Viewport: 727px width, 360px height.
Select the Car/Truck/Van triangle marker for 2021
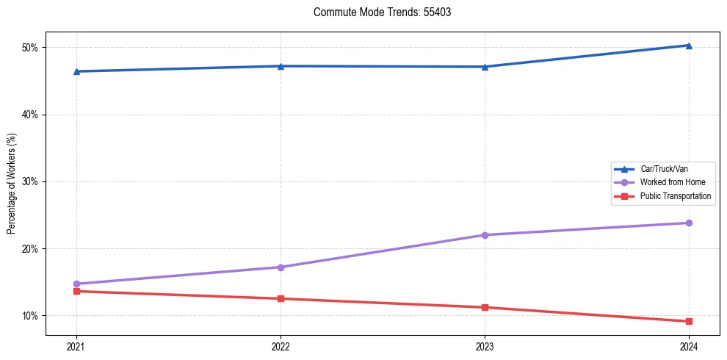tap(76, 71)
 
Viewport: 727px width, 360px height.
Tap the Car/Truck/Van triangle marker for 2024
tap(689, 46)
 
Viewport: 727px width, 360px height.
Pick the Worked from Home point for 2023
tap(485, 235)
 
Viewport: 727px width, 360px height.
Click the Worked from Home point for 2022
tap(281, 267)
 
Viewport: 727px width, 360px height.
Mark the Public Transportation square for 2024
tap(689, 321)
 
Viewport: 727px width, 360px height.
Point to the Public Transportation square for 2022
tap(281, 298)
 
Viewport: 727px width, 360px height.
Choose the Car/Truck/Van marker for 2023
tap(485, 67)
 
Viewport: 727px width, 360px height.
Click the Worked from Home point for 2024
tap(689, 223)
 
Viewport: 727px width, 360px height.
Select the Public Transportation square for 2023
tap(485, 307)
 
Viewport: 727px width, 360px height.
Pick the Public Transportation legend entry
tap(675, 196)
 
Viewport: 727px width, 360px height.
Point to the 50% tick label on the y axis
tap(30, 48)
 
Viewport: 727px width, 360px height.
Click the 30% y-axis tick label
tap(30, 181)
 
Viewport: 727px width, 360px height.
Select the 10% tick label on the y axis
tap(30, 316)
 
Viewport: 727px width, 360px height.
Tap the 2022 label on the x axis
tap(281, 346)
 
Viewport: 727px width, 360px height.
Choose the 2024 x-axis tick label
tap(689, 346)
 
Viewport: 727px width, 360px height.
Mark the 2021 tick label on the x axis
tap(76, 346)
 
